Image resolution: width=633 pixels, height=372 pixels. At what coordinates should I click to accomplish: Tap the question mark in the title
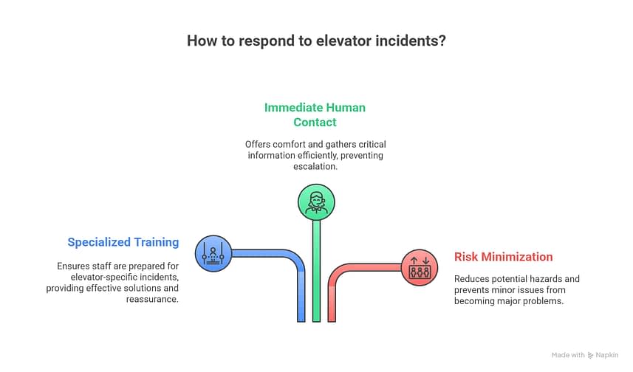[442, 41]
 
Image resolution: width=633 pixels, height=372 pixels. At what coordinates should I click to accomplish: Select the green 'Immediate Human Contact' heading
[315, 114]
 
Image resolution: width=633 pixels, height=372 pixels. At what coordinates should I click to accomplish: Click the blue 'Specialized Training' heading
[123, 242]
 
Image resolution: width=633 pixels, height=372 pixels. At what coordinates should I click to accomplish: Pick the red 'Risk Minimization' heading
[503, 257]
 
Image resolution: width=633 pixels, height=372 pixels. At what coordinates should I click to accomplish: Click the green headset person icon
[316, 201]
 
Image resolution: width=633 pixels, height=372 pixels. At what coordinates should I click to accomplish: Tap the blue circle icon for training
[213, 254]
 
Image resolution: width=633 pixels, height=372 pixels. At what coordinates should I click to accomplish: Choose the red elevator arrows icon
[420, 266]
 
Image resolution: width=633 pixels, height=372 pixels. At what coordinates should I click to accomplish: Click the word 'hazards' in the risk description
[562, 279]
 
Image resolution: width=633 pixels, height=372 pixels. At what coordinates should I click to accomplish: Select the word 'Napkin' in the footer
[609, 356]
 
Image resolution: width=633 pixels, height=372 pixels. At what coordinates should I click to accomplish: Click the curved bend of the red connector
[338, 273]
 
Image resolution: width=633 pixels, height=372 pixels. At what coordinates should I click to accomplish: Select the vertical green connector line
[316, 273]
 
